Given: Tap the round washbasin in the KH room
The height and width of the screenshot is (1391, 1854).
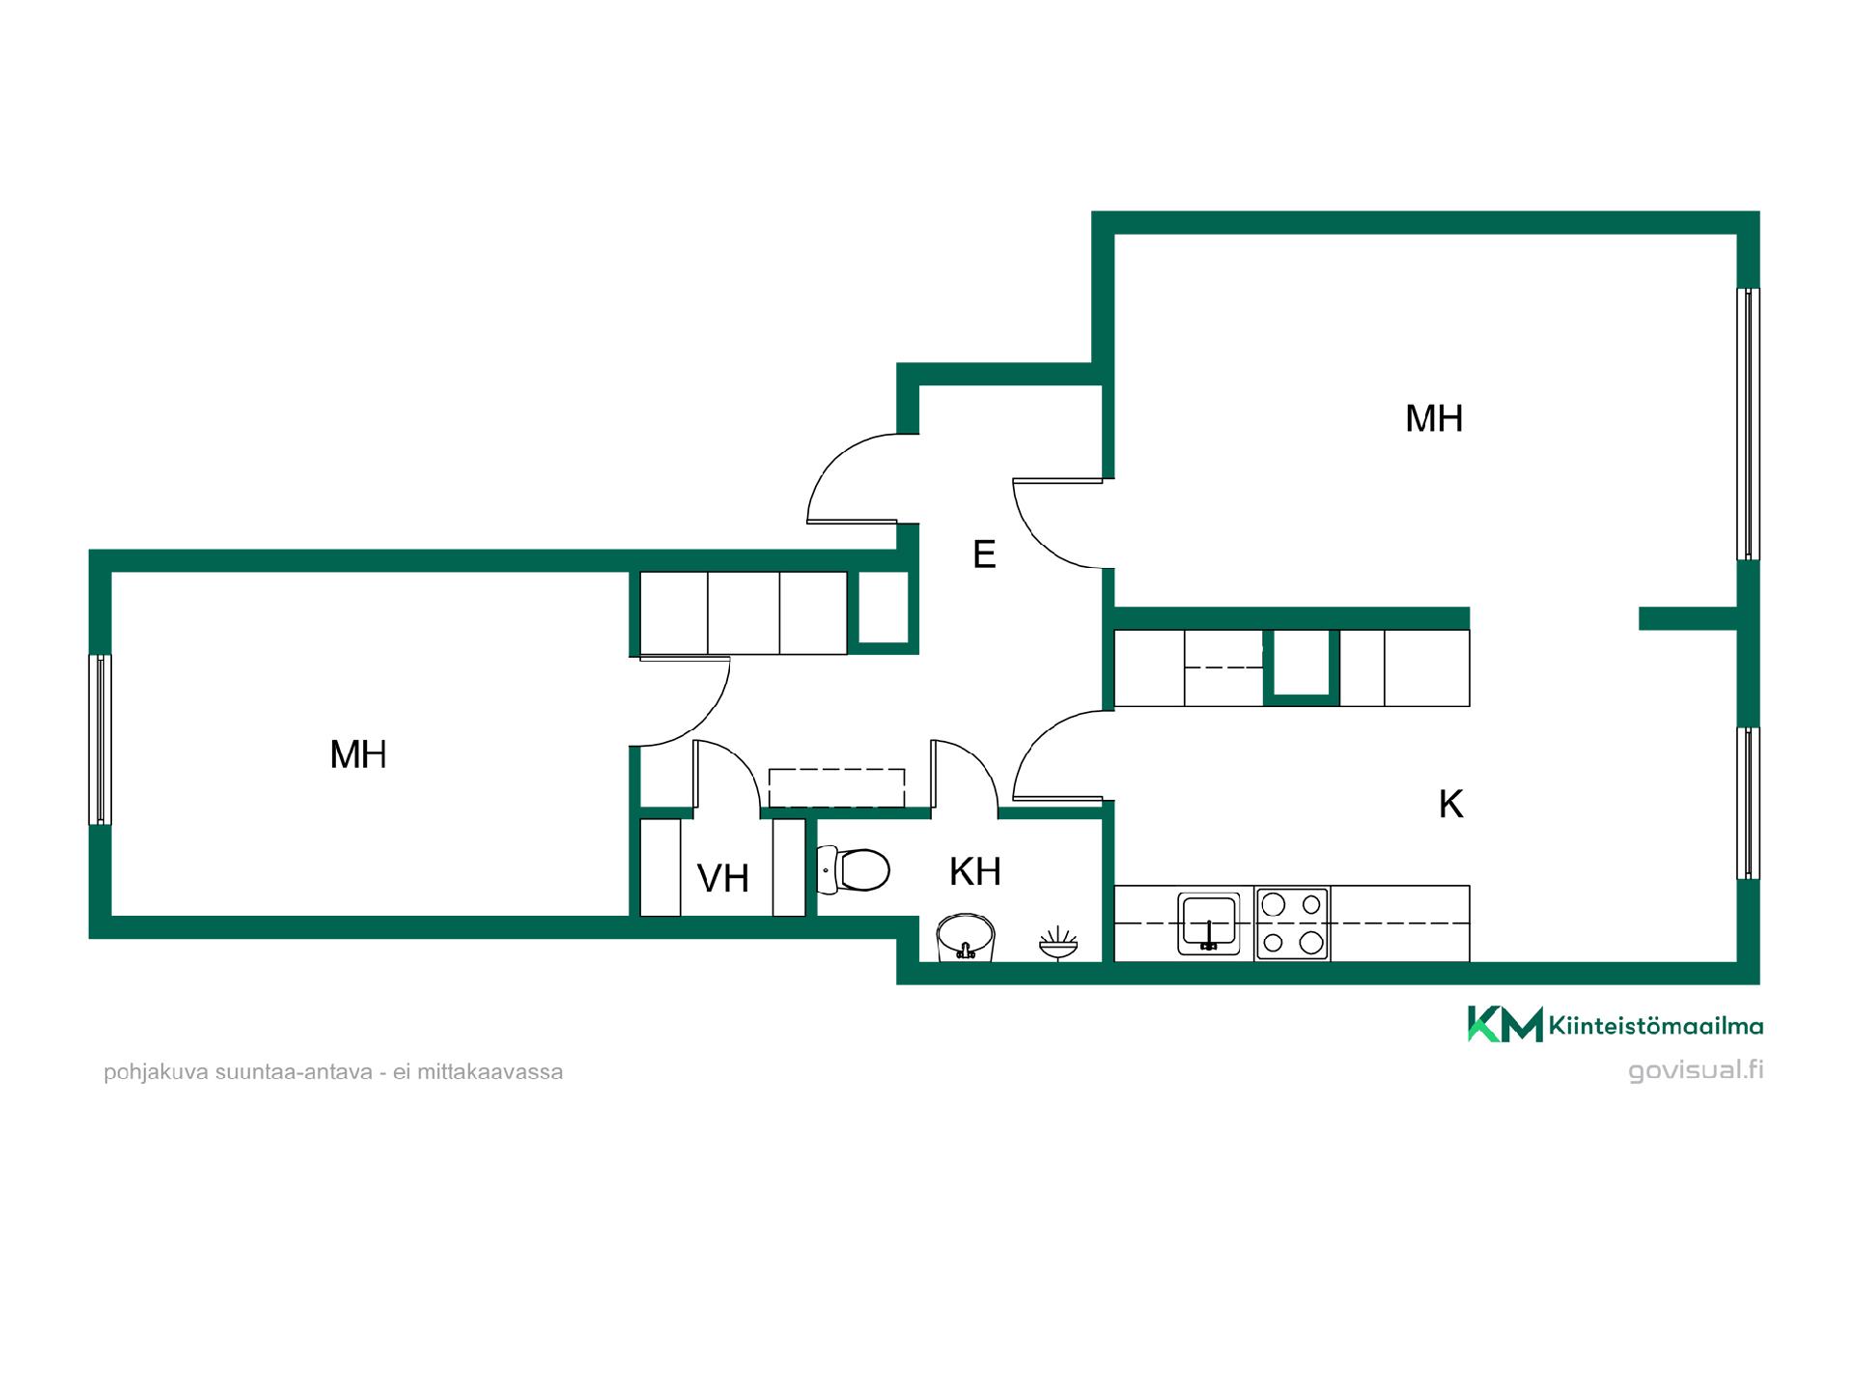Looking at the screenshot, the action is (966, 937).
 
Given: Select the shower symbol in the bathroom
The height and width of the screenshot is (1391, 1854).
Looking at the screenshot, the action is (1058, 943).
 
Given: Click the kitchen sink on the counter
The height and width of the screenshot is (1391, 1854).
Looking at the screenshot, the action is (1209, 923).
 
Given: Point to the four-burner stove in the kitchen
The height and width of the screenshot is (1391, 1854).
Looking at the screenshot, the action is (1292, 923).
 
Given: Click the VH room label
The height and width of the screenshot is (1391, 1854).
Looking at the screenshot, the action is (723, 878).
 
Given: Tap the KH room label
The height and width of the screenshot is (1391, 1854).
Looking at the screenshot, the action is (975, 871).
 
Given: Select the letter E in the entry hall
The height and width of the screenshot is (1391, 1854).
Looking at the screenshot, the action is (984, 554).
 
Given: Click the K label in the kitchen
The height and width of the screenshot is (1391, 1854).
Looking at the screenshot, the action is (1450, 804).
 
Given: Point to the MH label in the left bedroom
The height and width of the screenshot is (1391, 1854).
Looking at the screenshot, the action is (358, 754).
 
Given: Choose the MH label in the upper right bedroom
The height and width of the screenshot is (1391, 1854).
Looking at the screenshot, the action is (1434, 418).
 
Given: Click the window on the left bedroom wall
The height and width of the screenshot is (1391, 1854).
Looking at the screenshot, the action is (100, 740).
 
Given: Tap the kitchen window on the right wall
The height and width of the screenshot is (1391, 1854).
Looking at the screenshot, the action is (1748, 803).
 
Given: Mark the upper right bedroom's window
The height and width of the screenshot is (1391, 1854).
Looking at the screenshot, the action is (1748, 424).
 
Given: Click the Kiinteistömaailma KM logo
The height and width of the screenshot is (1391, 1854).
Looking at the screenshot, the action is (1615, 1024).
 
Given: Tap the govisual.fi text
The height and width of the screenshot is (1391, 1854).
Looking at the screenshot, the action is (1696, 1070).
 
